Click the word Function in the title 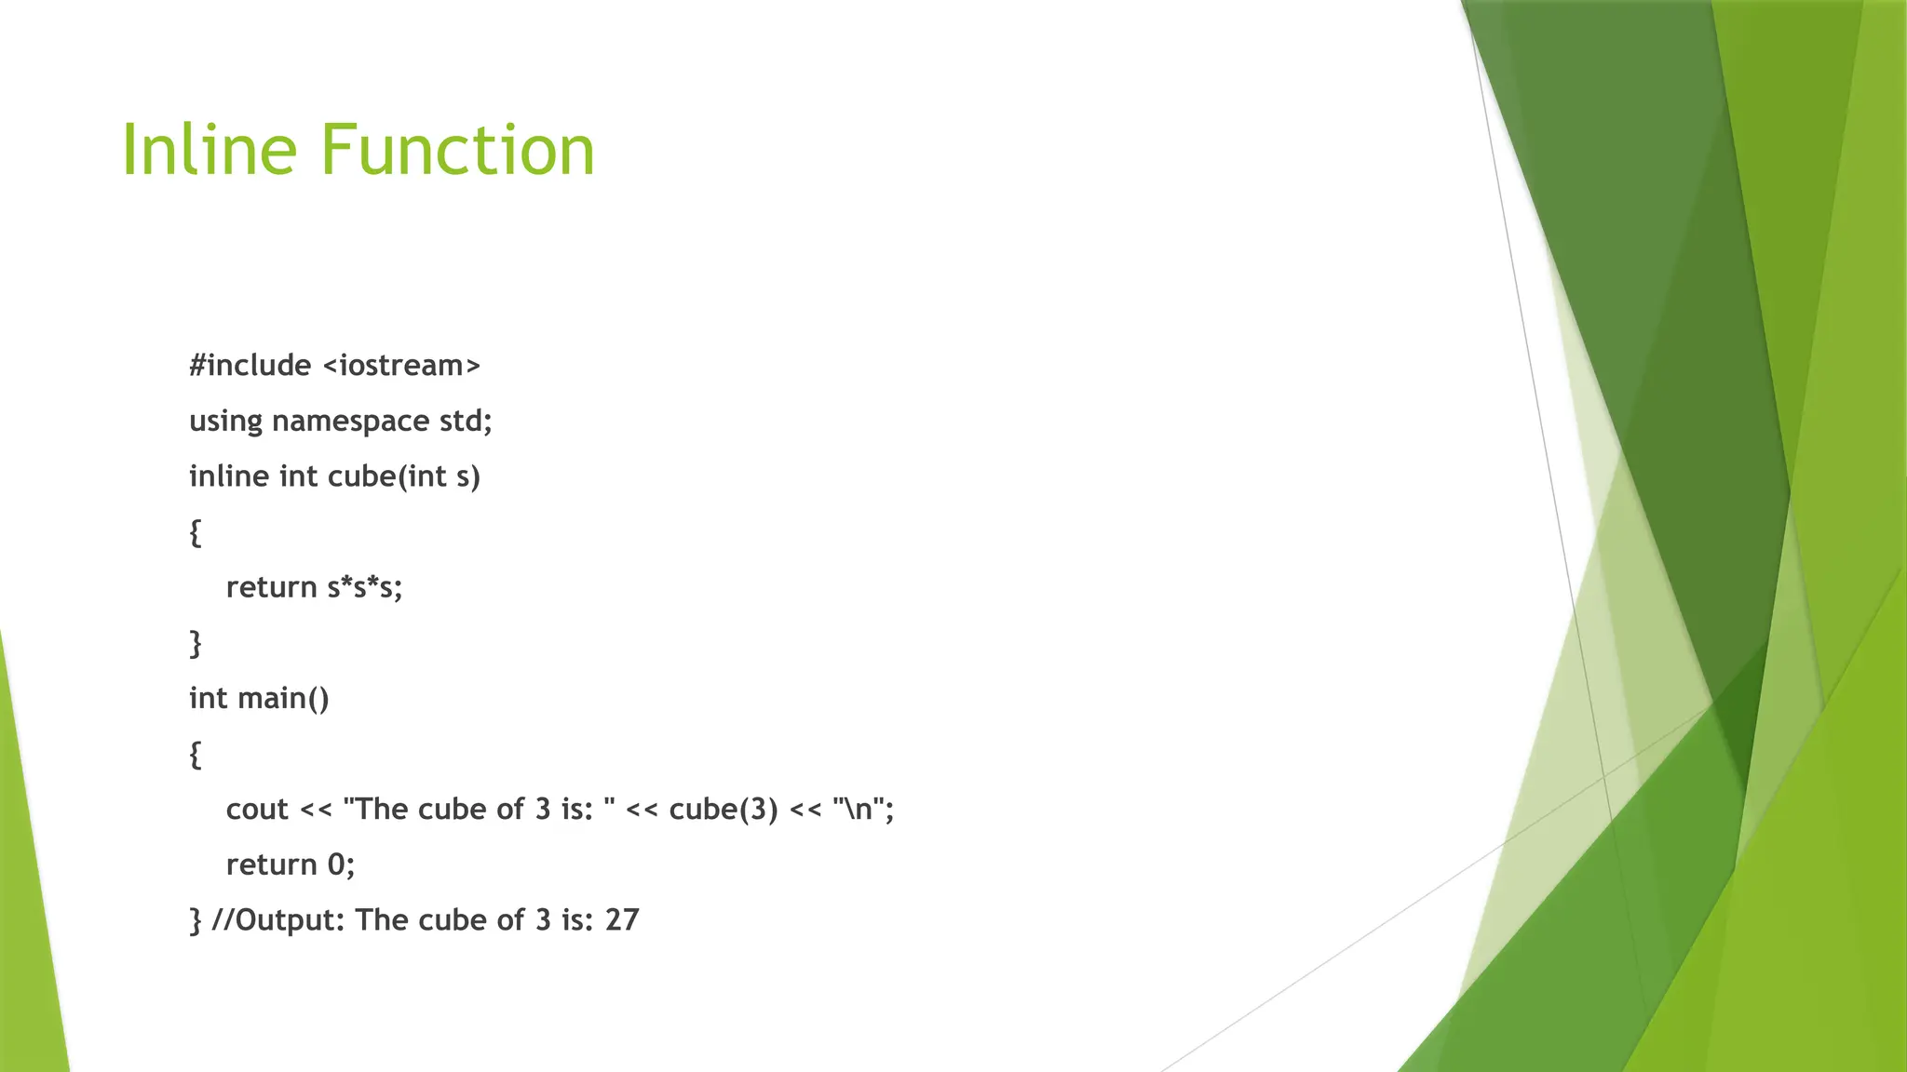point(457,150)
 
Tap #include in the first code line point(250,366)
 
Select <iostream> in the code point(401,366)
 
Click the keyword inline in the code point(229,476)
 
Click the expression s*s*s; point(364,587)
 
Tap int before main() point(209,698)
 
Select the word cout point(257,810)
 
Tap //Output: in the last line point(278,920)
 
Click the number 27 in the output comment point(622,920)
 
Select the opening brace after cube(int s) point(195,533)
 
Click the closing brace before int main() point(195,643)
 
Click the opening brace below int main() point(195,755)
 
